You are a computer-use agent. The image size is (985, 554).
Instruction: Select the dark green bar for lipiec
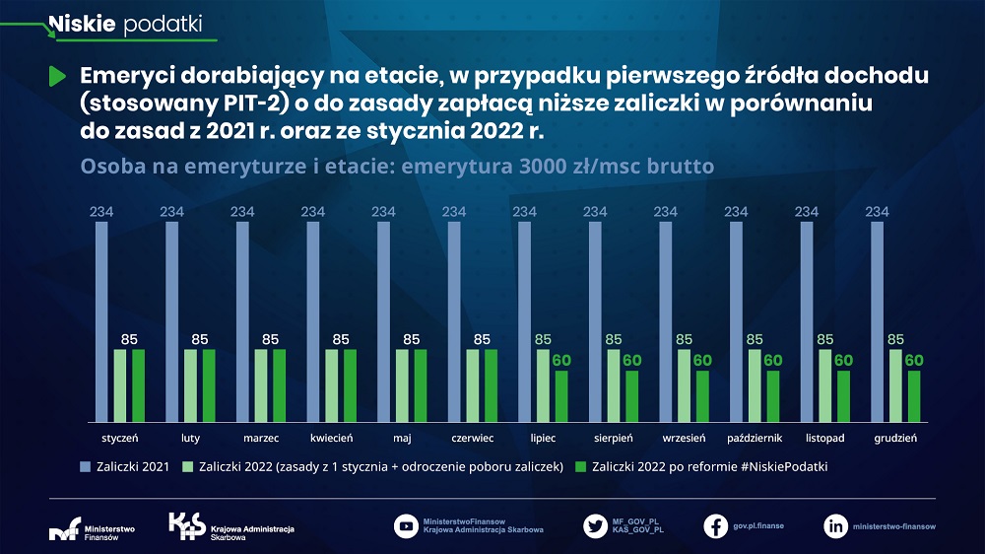click(x=561, y=395)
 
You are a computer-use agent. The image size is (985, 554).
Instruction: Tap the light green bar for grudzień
click(x=895, y=384)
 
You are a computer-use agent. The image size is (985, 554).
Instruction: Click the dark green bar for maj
click(x=421, y=384)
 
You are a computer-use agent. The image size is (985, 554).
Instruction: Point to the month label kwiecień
click(x=331, y=437)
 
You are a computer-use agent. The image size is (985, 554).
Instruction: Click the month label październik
click(x=755, y=437)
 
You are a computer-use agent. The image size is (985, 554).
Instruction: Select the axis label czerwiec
click(x=472, y=437)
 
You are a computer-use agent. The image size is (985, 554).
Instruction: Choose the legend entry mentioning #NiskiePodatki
click(x=709, y=466)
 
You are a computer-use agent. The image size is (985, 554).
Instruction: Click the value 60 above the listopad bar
click(x=843, y=361)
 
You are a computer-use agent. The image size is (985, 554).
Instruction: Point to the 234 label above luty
click(x=172, y=211)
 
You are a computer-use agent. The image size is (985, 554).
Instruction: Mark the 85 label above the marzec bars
click(x=270, y=339)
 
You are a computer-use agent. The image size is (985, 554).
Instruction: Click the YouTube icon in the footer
click(x=405, y=525)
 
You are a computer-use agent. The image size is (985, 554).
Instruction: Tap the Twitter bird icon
click(x=595, y=525)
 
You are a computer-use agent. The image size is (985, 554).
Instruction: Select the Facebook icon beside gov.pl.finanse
click(x=716, y=525)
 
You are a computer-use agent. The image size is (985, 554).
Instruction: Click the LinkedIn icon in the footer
click(x=835, y=525)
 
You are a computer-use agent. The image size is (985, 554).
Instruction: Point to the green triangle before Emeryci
click(x=56, y=76)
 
